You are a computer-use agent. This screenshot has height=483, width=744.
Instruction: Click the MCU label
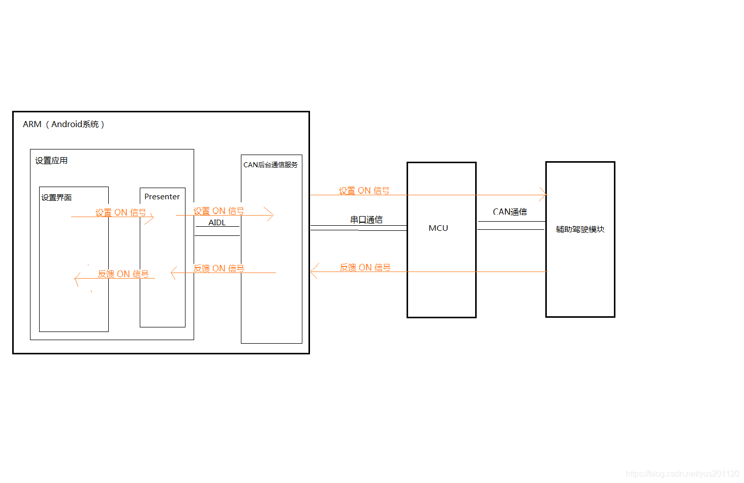point(438,228)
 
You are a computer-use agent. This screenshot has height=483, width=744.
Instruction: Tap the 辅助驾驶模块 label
point(580,229)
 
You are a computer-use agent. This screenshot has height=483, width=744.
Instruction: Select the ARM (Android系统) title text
point(64,125)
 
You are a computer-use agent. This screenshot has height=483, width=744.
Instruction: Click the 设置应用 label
point(51,161)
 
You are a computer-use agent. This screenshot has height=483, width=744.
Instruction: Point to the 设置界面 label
point(56,197)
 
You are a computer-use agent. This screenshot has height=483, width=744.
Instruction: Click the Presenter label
point(162,197)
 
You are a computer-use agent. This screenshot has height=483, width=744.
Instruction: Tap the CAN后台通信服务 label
point(270,165)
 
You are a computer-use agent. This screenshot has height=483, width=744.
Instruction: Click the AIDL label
point(217,223)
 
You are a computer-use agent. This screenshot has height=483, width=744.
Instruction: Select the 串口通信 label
point(366,220)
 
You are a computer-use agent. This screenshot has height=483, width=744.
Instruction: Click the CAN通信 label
point(510,212)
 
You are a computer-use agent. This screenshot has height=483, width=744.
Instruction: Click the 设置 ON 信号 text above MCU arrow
point(364,191)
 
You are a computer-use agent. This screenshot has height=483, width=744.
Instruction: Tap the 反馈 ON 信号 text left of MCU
point(365,267)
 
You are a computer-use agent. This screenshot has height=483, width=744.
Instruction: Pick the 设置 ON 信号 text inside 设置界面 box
point(120,213)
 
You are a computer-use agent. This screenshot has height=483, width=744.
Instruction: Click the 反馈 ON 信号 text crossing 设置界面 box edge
point(123,274)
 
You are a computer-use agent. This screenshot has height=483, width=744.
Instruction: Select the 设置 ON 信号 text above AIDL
point(219,211)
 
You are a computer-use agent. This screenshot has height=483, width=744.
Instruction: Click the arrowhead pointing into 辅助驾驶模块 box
point(543,195)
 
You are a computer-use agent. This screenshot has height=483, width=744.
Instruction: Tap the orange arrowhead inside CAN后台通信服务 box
point(269,215)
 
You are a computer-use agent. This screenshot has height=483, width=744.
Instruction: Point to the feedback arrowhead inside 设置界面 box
point(77,279)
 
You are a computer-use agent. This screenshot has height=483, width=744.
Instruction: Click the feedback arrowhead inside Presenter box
point(174,273)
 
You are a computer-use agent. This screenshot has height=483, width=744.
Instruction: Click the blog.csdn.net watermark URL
point(682,474)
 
